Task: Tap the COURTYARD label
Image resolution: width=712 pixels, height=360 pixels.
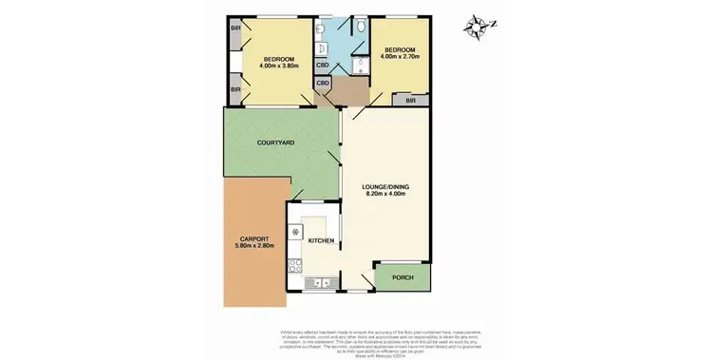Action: (x=275, y=142)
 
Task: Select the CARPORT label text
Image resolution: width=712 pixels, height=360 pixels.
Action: (x=253, y=238)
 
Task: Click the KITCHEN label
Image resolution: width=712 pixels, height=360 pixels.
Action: (x=322, y=241)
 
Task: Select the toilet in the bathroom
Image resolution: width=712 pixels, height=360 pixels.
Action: (x=362, y=63)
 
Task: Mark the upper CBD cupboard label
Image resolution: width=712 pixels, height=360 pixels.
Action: (x=323, y=66)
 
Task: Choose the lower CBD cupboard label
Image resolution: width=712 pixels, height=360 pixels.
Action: (x=323, y=84)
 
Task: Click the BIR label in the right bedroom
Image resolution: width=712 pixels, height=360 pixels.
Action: (x=411, y=100)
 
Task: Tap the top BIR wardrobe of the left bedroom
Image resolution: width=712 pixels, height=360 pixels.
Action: (x=234, y=28)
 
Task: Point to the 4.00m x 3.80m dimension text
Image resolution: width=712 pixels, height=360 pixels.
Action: (x=281, y=66)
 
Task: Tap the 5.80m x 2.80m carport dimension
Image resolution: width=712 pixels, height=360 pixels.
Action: (x=253, y=247)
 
